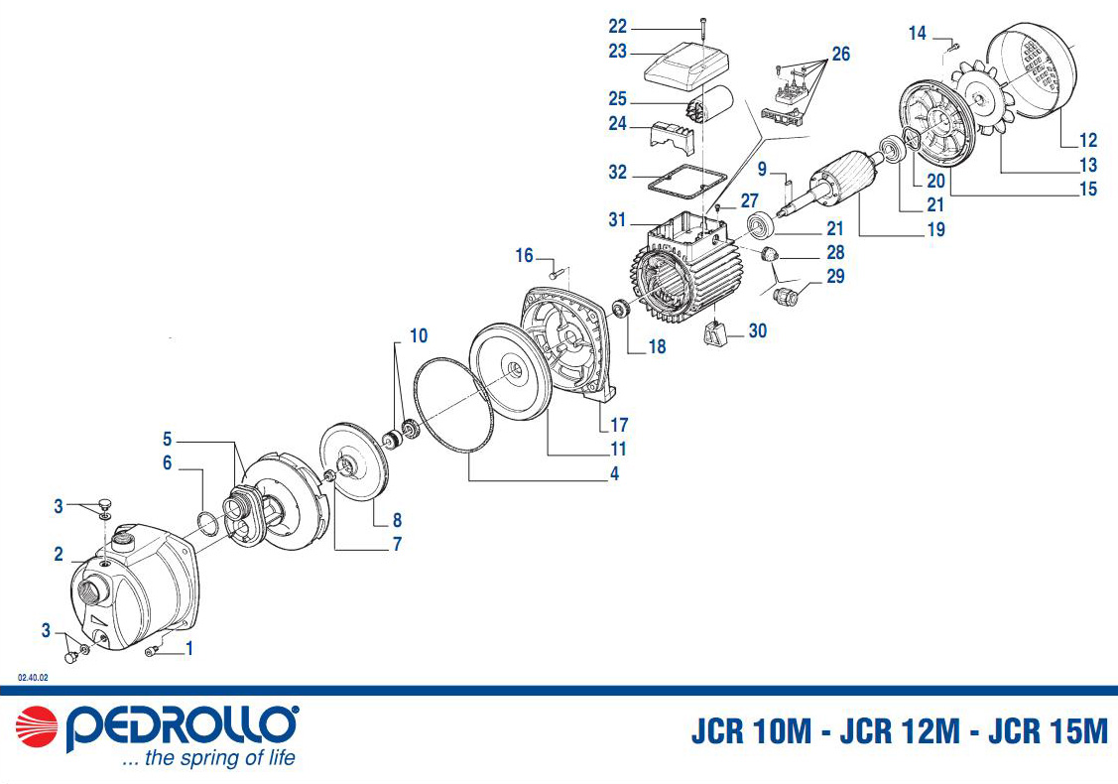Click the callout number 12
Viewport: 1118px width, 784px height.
pos(1088,141)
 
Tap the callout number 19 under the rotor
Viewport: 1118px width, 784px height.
pos(936,229)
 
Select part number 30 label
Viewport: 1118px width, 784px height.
pos(757,331)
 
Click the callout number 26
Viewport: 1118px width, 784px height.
pos(841,55)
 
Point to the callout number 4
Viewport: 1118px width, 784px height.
pos(615,473)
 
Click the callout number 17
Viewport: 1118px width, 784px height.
pos(619,425)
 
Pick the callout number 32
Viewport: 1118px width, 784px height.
pos(617,173)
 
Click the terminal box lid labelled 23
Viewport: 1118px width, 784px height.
pos(685,65)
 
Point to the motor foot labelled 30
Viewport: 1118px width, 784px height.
pos(715,334)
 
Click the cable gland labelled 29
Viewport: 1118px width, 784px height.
pos(786,295)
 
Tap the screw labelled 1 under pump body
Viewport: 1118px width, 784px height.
pos(150,651)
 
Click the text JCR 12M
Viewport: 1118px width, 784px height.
pos(900,731)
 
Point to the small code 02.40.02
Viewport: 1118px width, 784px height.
pos(33,678)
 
